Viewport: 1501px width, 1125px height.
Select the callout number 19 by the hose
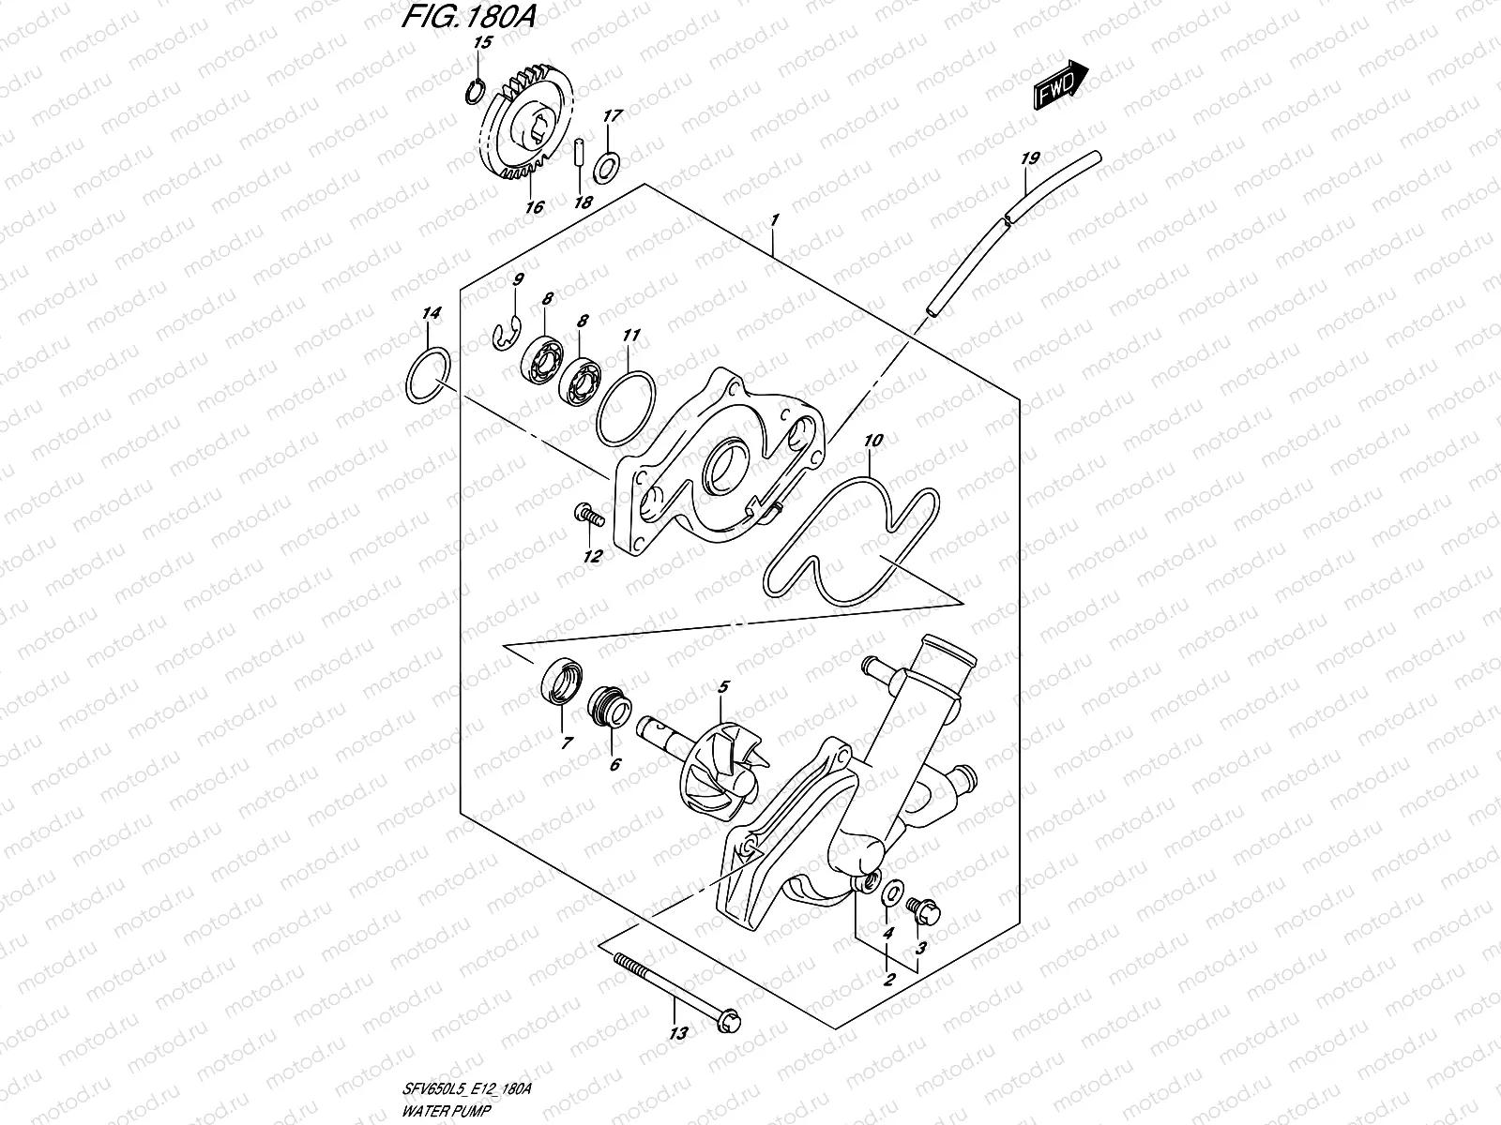point(1029,158)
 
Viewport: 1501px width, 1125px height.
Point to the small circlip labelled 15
point(475,89)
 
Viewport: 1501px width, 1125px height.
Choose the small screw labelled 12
point(586,514)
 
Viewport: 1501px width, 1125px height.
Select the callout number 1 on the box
point(775,221)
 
